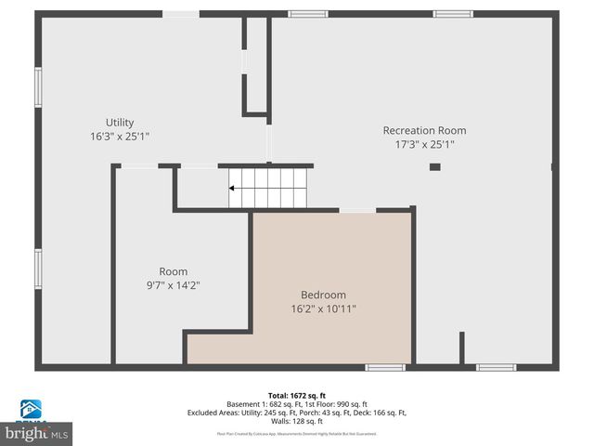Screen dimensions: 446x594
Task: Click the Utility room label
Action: pos(120,123)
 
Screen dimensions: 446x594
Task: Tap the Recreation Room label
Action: pos(424,131)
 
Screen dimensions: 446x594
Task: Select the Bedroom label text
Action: pos(323,295)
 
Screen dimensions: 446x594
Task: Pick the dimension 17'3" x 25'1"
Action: pos(424,144)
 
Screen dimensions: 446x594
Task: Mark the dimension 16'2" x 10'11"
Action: pos(323,308)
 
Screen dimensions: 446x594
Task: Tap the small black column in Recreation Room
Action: pos(434,167)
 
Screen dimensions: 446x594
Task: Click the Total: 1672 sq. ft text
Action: pos(296,396)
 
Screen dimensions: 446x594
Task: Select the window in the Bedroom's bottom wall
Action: pos(384,368)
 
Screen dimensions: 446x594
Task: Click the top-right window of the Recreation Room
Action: pos(453,14)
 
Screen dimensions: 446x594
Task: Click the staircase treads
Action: pos(271,188)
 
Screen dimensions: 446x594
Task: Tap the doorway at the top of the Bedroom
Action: pos(357,211)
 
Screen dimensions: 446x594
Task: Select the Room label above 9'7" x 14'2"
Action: pos(174,272)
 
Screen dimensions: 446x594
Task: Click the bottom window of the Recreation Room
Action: pos(496,368)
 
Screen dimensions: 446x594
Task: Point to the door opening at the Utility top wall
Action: pos(181,14)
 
